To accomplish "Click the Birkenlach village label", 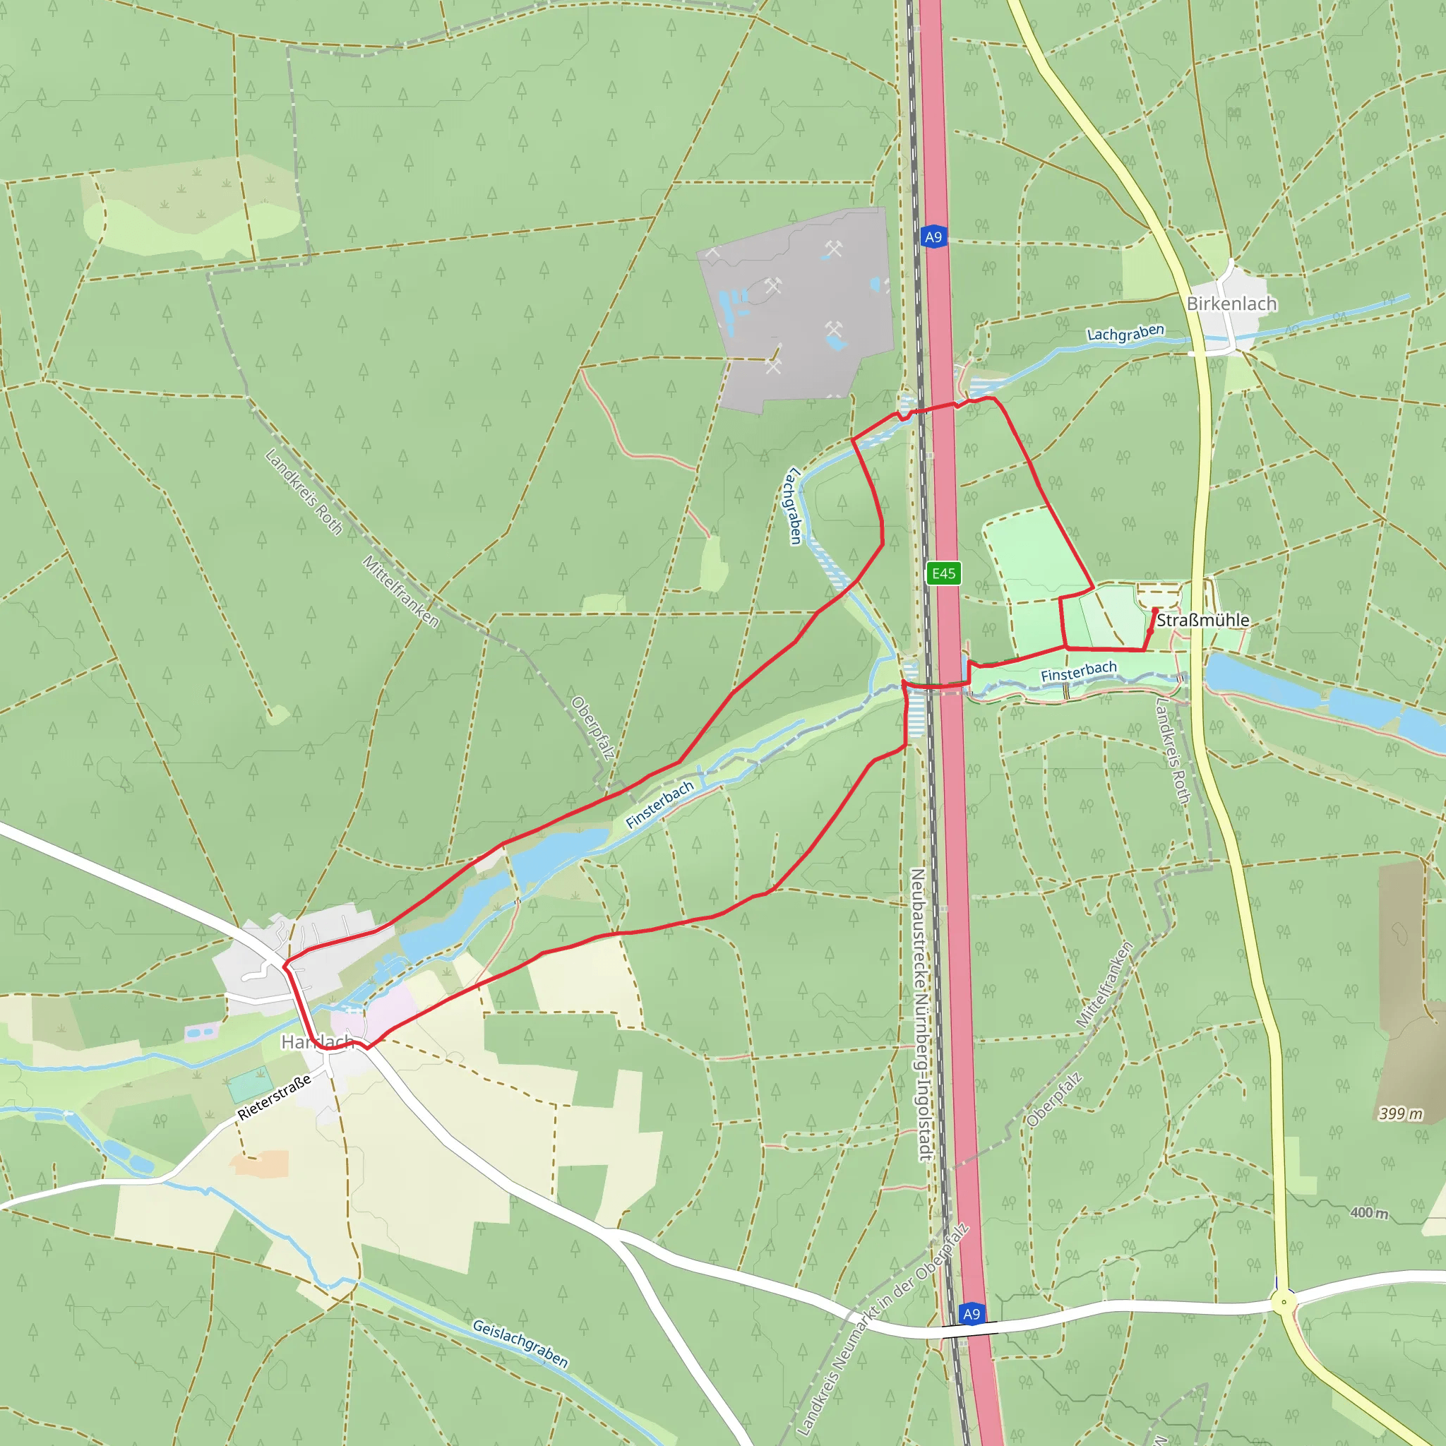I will point(1231,304).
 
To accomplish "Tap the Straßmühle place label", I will point(1202,621).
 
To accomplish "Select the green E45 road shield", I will point(943,573).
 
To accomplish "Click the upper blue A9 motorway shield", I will point(933,237).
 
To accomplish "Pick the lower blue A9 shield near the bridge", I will point(971,1313).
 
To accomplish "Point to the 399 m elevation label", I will point(1401,1113).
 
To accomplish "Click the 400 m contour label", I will point(1369,1212).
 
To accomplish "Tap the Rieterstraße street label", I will point(274,1097).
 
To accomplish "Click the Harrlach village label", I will point(316,1042).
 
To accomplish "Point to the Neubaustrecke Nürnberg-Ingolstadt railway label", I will point(921,1014).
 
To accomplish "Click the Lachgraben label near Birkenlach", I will point(1125,333).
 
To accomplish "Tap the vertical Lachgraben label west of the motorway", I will point(792,506).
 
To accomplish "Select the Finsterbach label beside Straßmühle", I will point(1079,671).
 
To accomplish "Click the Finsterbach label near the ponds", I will point(659,805).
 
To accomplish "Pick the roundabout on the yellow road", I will point(1284,1301).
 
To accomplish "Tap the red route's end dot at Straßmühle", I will point(1149,631).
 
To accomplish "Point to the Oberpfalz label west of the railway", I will point(593,727).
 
